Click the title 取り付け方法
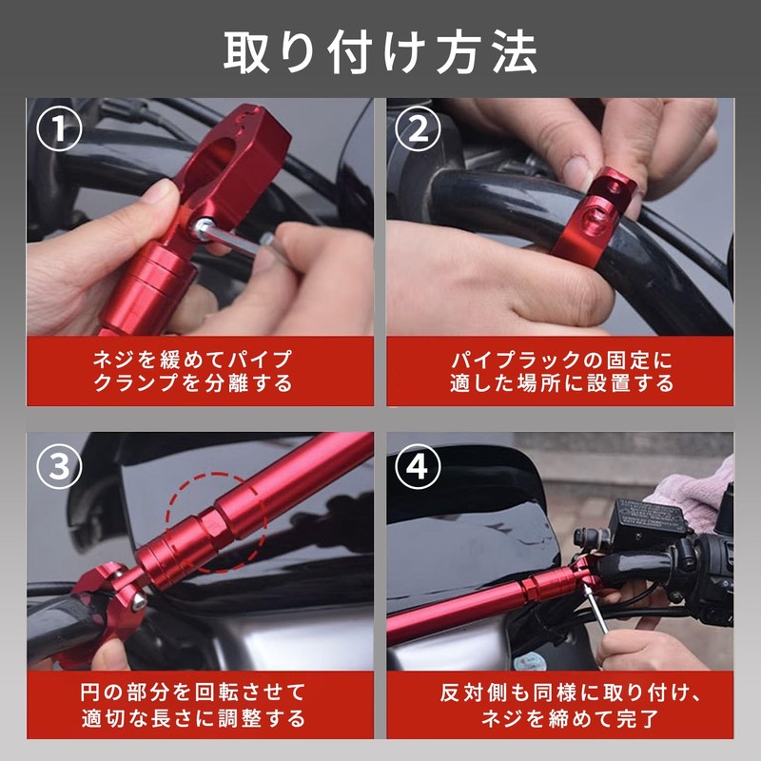[380, 53]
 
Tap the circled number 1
[59, 128]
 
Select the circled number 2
[418, 128]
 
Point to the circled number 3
[59, 466]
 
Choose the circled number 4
[418, 466]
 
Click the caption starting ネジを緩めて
[192, 371]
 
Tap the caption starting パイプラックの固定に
[561, 371]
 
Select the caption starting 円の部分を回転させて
[193, 705]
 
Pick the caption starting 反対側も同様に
[570, 705]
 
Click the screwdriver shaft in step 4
[595, 609]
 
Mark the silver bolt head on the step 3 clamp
[139, 600]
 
